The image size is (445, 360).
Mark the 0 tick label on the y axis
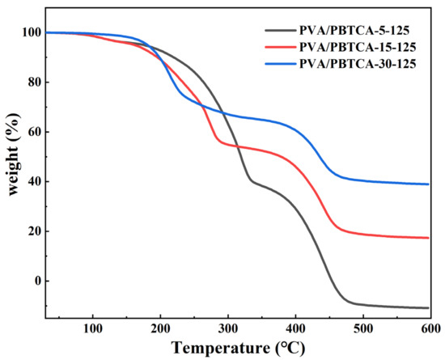[x=35, y=282]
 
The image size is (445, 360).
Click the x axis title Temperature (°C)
[x=237, y=348]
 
